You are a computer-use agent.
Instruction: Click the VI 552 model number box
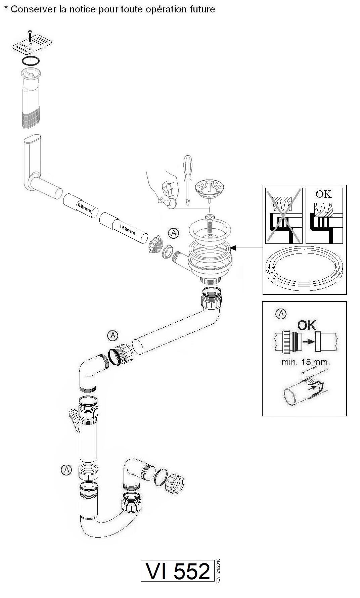click(177, 570)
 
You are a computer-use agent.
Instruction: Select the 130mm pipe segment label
click(127, 229)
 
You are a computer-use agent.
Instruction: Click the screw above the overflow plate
click(30, 35)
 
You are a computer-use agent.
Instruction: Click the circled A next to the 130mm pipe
click(173, 233)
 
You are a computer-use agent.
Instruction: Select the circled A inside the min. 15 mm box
click(281, 314)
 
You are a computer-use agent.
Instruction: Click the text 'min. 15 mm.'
click(306, 362)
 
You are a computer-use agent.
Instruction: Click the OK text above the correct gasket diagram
click(324, 194)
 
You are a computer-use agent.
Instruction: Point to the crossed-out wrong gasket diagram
click(284, 216)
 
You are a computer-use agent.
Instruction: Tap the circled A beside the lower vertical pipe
click(66, 470)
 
